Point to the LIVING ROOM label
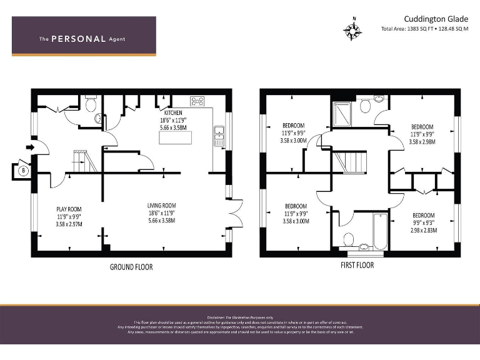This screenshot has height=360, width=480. (x=161, y=205)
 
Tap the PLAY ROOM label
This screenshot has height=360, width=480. (x=69, y=209)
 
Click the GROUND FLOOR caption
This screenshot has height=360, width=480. (x=131, y=267)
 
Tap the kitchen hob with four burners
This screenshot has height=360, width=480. (x=198, y=100)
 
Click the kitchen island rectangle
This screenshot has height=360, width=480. (x=176, y=137)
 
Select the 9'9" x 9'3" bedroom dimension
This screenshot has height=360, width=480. (x=423, y=223)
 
